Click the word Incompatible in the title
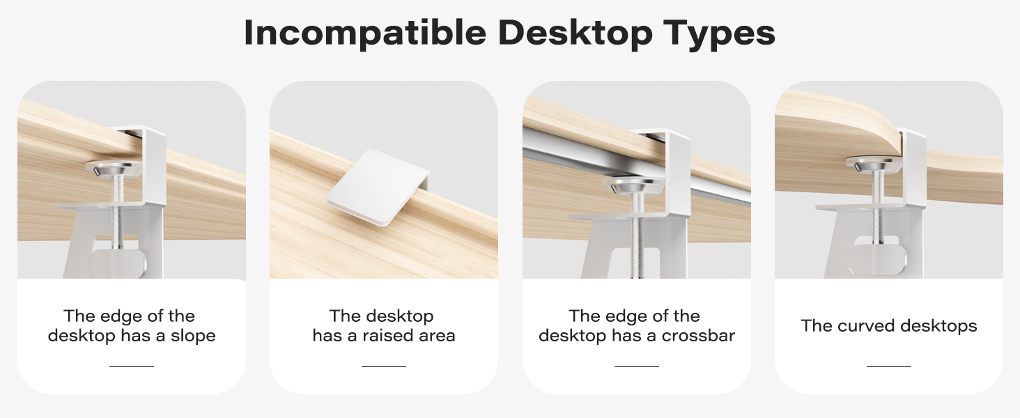click(x=365, y=33)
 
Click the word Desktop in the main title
click(x=575, y=33)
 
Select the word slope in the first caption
click(x=193, y=336)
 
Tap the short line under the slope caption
click(x=132, y=366)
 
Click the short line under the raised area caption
click(x=384, y=366)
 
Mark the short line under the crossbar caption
click(x=637, y=366)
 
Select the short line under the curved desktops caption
click(x=889, y=366)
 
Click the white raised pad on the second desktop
click(x=378, y=187)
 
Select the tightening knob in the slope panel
click(x=118, y=264)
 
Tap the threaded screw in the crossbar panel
click(x=637, y=235)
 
